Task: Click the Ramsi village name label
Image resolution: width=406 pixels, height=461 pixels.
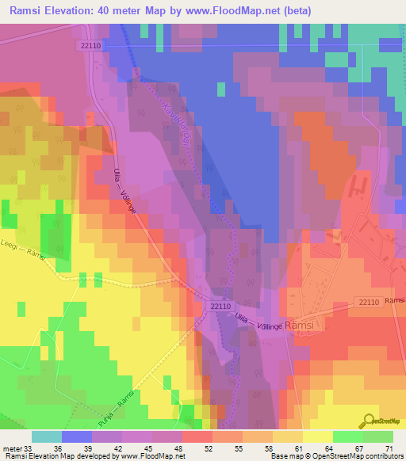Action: (x=300, y=326)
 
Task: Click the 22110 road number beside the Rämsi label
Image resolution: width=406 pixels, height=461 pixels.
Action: (x=366, y=302)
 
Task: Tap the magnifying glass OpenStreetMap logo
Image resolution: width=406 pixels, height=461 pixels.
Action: (x=369, y=419)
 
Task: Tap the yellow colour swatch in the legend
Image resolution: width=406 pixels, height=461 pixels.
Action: (x=318, y=436)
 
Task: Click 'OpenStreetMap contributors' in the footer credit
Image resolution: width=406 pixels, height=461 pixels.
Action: (x=361, y=456)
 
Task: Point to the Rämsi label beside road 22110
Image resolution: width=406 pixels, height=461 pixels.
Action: (x=395, y=301)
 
